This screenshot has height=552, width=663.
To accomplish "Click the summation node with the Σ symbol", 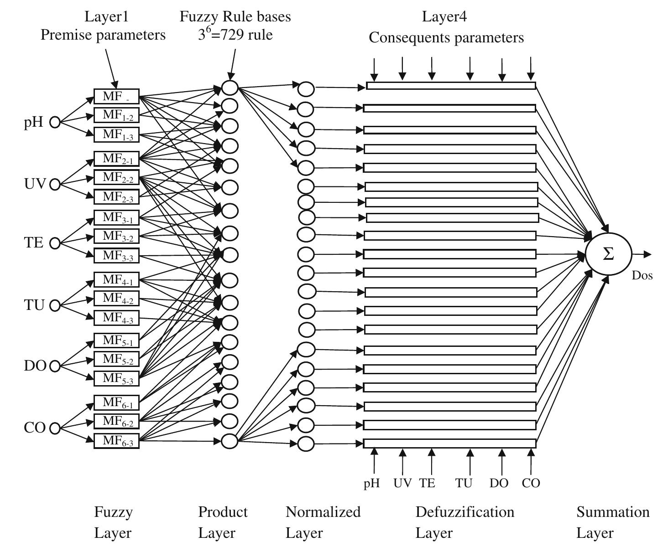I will click(x=608, y=254).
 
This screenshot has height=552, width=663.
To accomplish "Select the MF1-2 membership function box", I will click(x=116, y=115).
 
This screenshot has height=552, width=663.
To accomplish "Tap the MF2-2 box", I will click(x=116, y=177).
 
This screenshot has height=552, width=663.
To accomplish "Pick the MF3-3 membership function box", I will click(x=116, y=256).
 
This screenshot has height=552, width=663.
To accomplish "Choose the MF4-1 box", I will click(x=116, y=279).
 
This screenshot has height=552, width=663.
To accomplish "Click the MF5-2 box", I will click(x=116, y=359).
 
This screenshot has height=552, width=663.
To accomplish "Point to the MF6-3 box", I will click(x=116, y=441).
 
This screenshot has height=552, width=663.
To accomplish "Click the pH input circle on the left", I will click(x=55, y=123).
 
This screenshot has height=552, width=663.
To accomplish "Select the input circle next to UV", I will click(x=55, y=185).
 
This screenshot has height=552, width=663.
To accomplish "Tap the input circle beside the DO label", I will click(x=55, y=366).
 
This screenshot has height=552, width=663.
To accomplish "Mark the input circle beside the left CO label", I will click(x=55, y=428).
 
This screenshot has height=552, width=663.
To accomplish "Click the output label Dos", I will click(x=642, y=275).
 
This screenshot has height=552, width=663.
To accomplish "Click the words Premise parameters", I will click(x=103, y=35).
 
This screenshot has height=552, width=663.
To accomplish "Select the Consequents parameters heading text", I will click(x=446, y=37).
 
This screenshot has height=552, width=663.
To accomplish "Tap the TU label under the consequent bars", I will click(x=464, y=483).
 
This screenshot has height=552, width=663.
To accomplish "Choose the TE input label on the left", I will click(x=34, y=242).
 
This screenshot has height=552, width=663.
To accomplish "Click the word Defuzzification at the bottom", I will click(x=465, y=512).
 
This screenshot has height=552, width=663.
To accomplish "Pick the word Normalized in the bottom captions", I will click(x=323, y=512).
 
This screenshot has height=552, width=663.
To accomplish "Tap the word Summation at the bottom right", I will click(x=612, y=512).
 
